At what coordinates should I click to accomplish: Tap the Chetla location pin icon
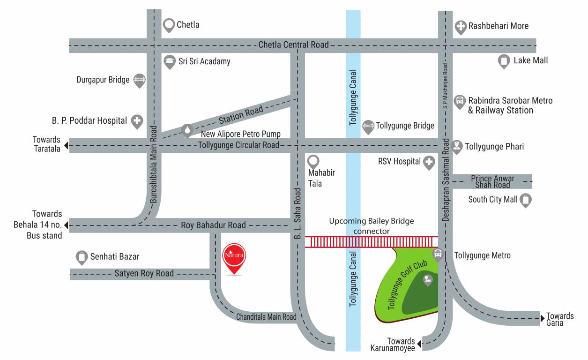(x=169, y=25)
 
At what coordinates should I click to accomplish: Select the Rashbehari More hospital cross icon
(x=461, y=27)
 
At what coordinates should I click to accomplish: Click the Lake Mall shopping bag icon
(x=504, y=61)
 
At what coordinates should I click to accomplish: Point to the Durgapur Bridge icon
(x=139, y=81)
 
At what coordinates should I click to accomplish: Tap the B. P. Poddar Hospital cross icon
(x=137, y=121)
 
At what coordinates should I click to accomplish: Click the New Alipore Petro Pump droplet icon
(x=187, y=130)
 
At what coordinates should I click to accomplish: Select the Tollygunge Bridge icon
(x=368, y=127)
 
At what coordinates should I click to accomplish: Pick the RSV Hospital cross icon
(x=429, y=163)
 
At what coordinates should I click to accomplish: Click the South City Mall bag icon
(x=526, y=200)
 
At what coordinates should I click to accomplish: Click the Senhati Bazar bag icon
(x=82, y=257)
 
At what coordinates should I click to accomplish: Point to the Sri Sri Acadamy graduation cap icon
(x=169, y=61)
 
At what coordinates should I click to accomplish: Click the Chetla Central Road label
(x=293, y=45)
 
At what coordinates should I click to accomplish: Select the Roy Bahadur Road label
(x=213, y=225)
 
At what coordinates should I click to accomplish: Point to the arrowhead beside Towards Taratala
(x=67, y=145)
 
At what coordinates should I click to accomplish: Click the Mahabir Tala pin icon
(x=313, y=162)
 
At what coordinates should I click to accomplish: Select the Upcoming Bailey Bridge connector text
(x=371, y=226)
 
